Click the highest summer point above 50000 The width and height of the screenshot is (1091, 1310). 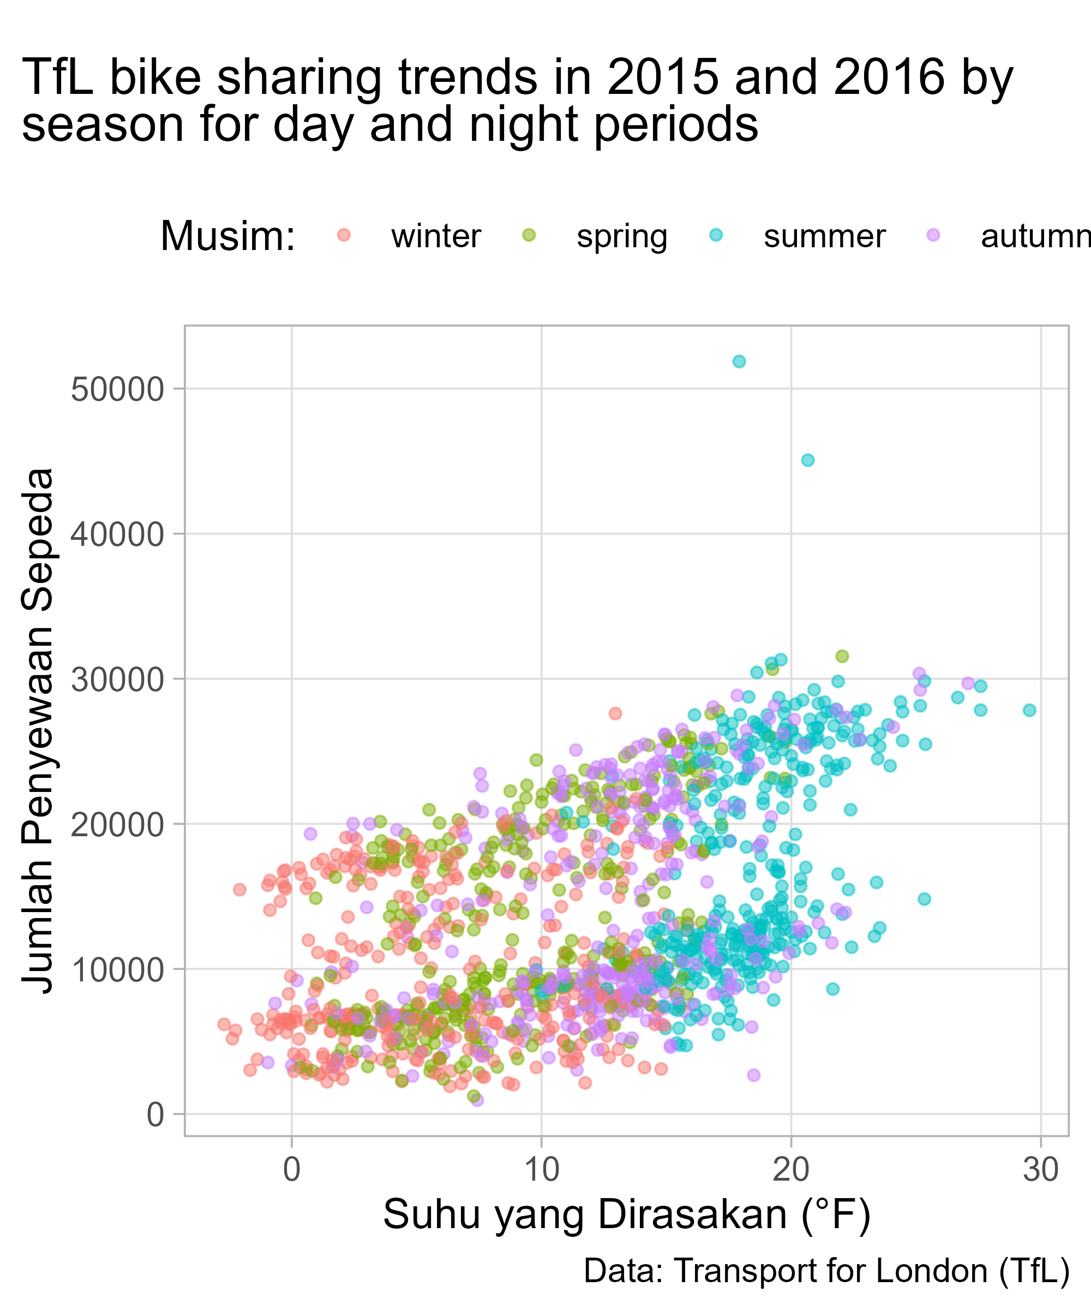pyautogui.click(x=739, y=361)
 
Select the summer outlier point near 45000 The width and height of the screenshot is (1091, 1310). pyautogui.click(x=807, y=460)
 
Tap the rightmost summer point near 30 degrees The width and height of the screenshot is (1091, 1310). pyautogui.click(x=1029, y=710)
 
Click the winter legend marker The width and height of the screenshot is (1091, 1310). pyautogui.click(x=344, y=235)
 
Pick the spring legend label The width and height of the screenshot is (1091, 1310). pyautogui.click(x=621, y=236)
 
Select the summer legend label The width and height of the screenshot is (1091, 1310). pyautogui.click(x=824, y=236)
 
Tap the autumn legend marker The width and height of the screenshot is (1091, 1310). pyautogui.click(x=933, y=235)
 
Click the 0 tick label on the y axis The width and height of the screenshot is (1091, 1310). pyautogui.click(x=154, y=1115)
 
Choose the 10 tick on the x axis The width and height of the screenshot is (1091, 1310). pyautogui.click(x=541, y=1170)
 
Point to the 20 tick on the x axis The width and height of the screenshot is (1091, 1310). pyautogui.click(x=791, y=1170)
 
